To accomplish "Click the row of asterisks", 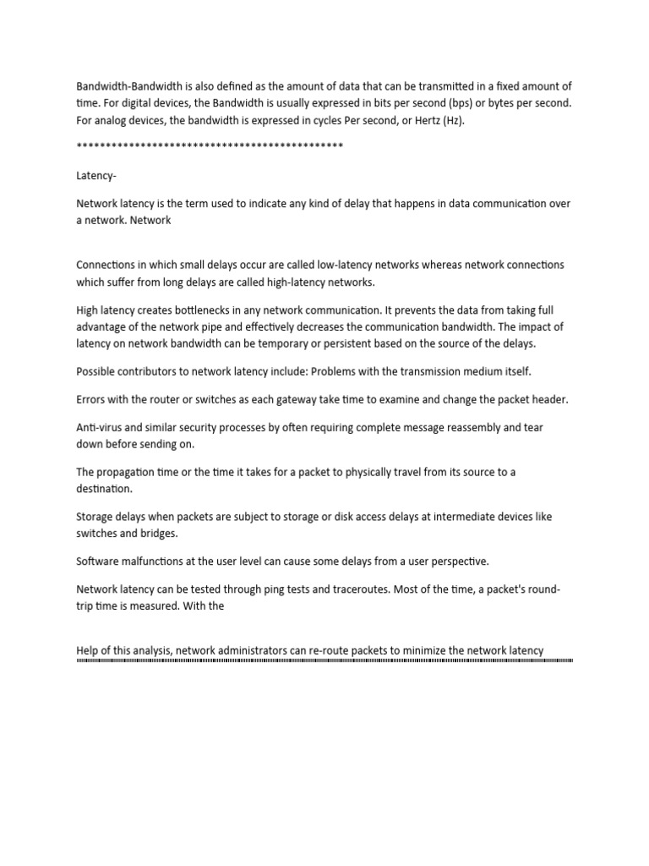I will click(x=210, y=147).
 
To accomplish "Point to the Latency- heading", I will click(x=98, y=175).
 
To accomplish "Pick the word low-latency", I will click(x=294, y=265).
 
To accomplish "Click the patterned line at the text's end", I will click(x=324, y=660).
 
